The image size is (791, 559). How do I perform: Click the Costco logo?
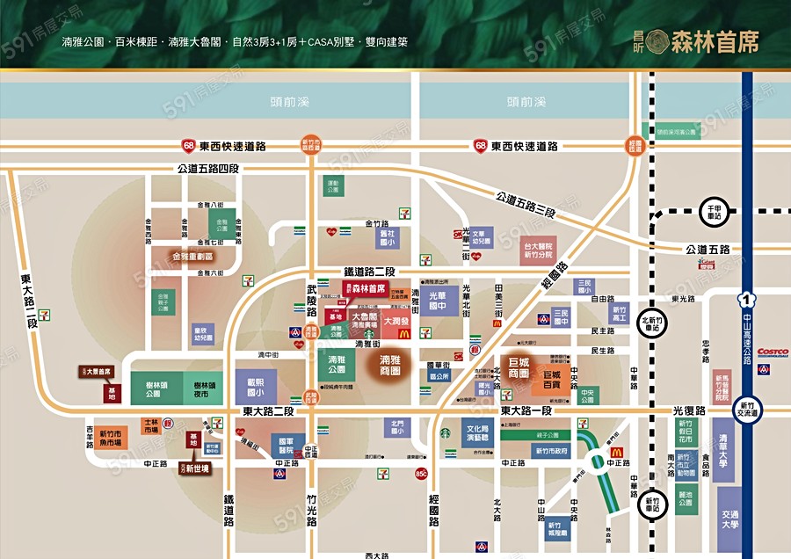click(x=772, y=352)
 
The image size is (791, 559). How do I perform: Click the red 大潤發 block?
click(x=396, y=322)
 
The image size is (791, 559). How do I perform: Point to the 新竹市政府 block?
click(x=550, y=451)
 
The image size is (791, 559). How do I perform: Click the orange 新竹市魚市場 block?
click(x=112, y=437)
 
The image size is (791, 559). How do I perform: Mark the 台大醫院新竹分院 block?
click(x=540, y=251)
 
